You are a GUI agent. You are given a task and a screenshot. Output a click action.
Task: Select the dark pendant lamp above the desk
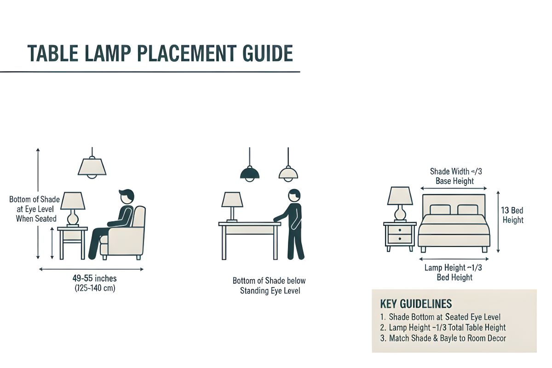point(250,173)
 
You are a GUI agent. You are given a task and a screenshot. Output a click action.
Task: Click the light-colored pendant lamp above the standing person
point(288,173)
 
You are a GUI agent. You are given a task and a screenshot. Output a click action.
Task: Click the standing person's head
point(294,195)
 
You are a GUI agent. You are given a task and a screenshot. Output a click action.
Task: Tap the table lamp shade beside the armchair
point(73,201)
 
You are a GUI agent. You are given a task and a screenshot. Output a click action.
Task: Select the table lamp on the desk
point(232,204)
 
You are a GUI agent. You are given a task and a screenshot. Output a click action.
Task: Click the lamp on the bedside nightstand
point(400,202)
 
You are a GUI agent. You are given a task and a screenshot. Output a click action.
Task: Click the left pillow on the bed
point(440,210)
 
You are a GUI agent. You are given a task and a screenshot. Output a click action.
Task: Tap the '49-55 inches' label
point(94,278)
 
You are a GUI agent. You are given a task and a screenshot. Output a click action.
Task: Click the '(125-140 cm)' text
point(94,288)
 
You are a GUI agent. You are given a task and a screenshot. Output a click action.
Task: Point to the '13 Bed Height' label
point(512,215)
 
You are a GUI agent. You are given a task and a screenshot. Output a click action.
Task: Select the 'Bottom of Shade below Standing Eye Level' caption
point(269,286)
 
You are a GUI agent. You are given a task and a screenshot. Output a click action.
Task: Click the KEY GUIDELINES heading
point(416,304)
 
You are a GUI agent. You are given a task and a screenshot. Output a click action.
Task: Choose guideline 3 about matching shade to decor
point(443,339)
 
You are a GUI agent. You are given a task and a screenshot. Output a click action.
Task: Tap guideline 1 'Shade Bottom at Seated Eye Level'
point(440,317)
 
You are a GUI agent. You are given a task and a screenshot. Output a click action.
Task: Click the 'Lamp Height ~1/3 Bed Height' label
point(454,273)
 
